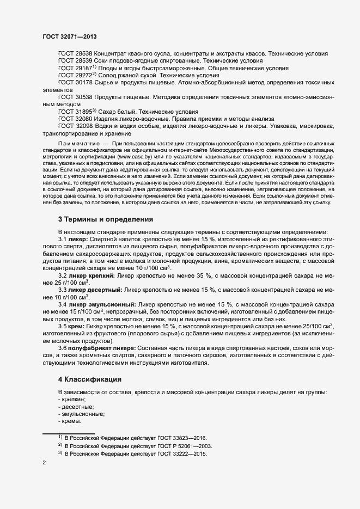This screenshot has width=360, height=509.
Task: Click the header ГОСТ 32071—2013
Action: coord(70,36)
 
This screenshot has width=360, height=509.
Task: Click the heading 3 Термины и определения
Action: coord(105,219)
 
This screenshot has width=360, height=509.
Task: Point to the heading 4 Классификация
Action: coord(89,378)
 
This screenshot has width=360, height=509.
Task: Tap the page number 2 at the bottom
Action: coord(44,463)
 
